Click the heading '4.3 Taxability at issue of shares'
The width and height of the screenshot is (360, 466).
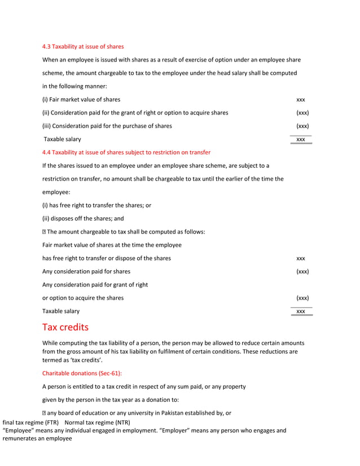tap(83, 46)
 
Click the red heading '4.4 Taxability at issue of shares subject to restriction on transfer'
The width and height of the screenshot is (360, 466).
tap(126, 152)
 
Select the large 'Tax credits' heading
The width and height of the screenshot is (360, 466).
tap(65, 328)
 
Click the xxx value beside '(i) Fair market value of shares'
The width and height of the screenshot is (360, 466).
tap(301, 99)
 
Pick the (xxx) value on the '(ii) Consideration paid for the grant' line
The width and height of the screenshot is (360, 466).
tap(302, 113)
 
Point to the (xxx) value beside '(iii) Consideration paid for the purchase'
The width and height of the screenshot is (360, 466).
tap(302, 126)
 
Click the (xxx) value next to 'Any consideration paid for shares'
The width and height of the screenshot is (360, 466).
tap(302, 271)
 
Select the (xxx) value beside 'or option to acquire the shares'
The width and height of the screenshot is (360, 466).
tap(302, 298)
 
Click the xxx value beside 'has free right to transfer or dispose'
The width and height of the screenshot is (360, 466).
tap(301, 258)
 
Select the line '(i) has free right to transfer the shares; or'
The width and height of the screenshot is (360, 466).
tap(96, 205)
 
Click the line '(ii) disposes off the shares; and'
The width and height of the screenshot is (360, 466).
tap(83, 218)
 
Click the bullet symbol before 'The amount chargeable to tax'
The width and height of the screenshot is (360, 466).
tap(45, 232)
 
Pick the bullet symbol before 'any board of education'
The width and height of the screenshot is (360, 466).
tap(45, 413)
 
